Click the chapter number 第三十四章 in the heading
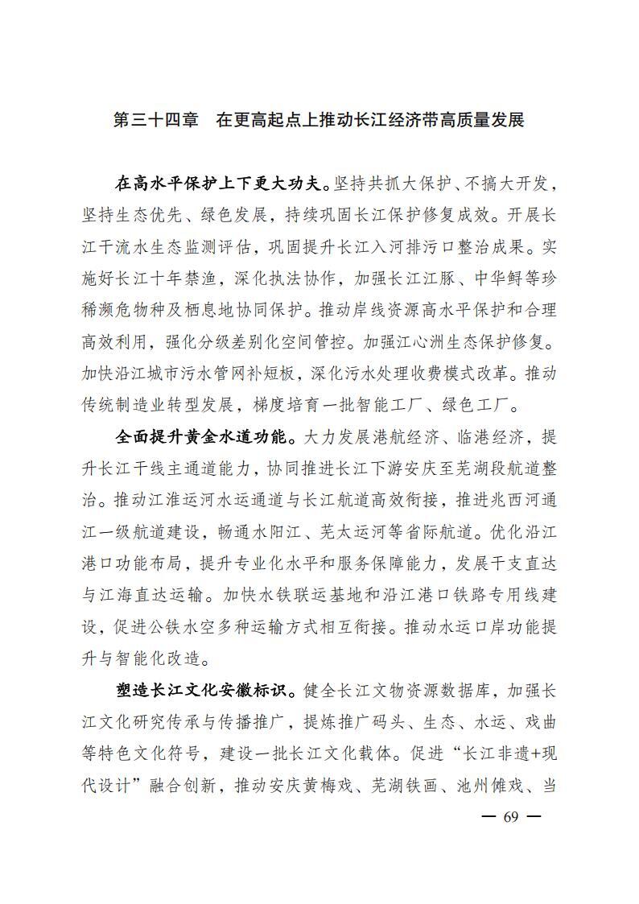pyautogui.click(x=156, y=121)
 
